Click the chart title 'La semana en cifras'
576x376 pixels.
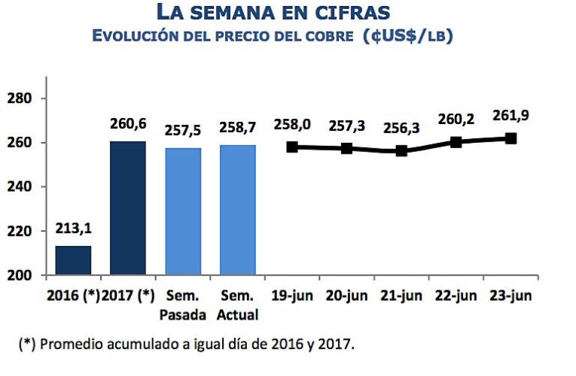284,12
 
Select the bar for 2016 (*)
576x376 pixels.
73,260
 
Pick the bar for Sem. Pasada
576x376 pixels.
183,211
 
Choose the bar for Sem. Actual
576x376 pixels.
237,210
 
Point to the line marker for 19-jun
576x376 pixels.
292,147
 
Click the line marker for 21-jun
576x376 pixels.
401,150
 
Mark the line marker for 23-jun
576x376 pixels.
510,138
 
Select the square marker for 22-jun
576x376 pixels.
456,142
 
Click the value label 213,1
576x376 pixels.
73,230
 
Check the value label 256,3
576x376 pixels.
401,128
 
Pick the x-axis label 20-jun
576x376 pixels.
347,296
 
